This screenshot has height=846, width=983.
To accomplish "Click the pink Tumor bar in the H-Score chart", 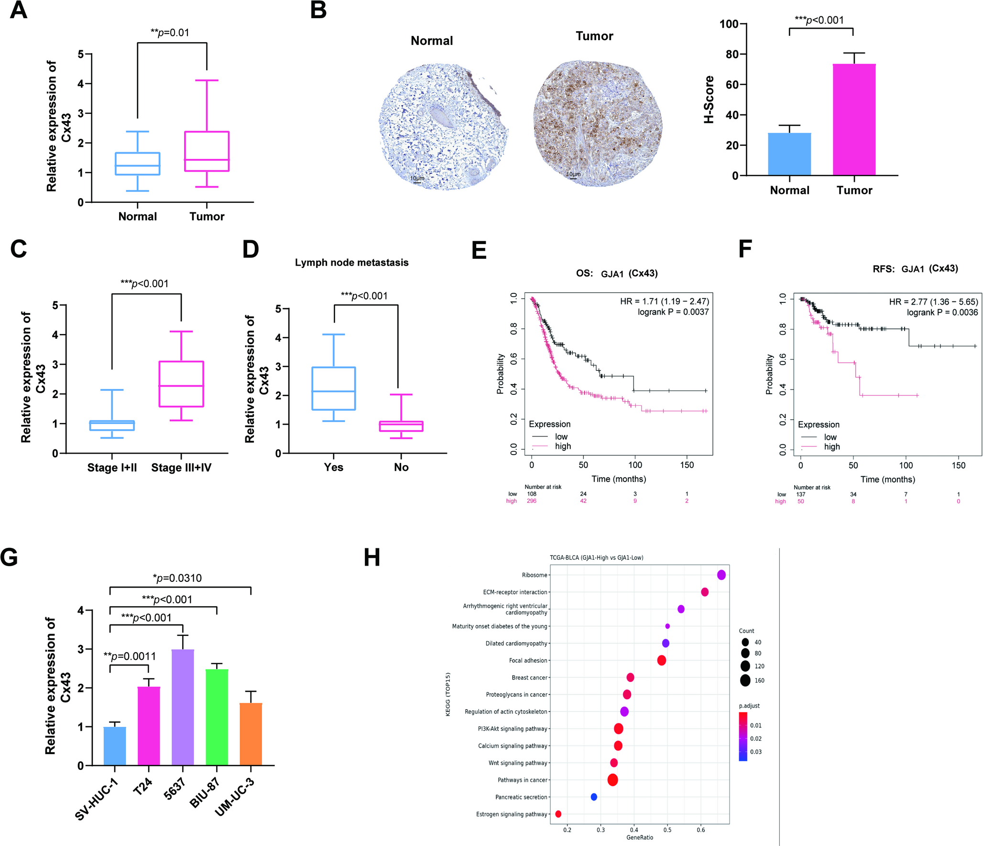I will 854,120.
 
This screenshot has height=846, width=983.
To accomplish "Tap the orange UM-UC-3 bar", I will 251,734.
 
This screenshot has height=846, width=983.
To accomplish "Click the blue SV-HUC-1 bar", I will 115,746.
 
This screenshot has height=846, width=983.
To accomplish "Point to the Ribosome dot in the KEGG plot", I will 721,575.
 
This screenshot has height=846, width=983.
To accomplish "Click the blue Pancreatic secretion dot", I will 594,797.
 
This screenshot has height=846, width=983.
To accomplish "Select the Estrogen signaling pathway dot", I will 558,814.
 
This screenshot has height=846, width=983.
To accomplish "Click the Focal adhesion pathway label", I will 528,660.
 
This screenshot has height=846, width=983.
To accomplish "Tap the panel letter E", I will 479,250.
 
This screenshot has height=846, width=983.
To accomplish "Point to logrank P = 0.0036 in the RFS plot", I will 942,312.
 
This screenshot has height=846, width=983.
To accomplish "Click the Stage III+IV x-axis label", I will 181,468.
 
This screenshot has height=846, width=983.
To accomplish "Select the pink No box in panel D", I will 401,426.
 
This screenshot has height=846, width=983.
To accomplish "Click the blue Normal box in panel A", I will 138,164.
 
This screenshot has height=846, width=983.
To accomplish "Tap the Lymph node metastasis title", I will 351,262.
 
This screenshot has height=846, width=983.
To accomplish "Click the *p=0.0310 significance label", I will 177,578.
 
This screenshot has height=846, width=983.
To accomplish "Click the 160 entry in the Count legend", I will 759,680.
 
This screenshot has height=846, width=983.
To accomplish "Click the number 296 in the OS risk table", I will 532,501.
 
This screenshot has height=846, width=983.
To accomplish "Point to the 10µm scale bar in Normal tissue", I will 417,179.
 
